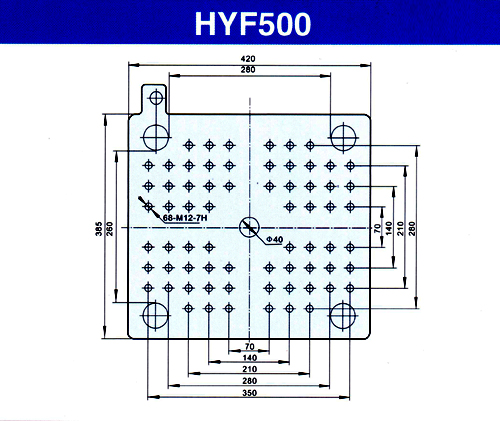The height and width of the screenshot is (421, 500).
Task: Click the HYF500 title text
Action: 253,24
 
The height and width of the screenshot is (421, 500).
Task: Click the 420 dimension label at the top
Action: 248,59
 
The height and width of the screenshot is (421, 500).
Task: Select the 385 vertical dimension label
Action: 99,229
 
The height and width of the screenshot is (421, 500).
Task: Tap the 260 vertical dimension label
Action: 110,229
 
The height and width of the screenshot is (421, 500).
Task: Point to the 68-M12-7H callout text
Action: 185,218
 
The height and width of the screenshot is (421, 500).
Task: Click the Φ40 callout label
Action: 275,239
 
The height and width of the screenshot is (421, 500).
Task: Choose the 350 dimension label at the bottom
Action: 249,393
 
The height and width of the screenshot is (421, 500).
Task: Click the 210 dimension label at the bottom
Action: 249,369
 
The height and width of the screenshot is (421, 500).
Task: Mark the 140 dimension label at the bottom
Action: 249,358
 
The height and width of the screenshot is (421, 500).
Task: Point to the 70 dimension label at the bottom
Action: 249,347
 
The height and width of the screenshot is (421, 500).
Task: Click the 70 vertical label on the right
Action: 377,228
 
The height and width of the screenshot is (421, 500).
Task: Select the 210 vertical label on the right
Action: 401,228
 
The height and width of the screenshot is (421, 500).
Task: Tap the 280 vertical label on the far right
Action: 412,228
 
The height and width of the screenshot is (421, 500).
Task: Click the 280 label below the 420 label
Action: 248,70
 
